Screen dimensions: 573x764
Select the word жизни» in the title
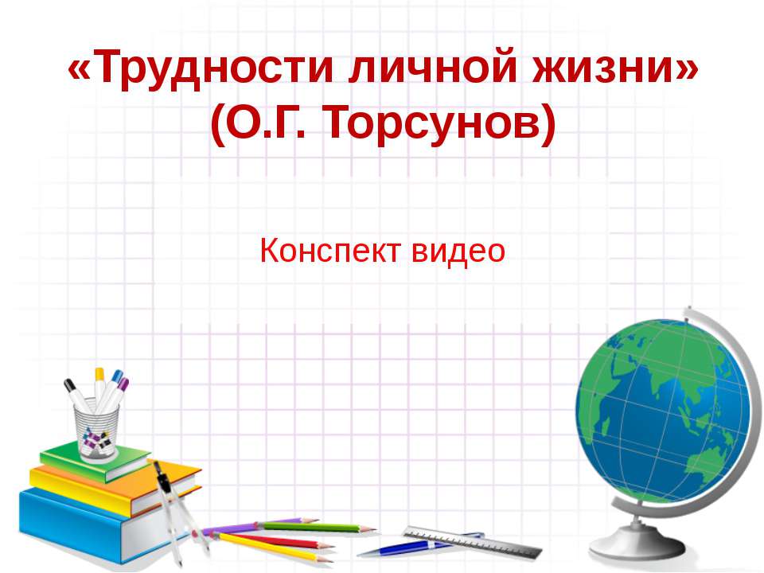click(x=613, y=72)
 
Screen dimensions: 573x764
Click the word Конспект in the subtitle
click(x=330, y=251)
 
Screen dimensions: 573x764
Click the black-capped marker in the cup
click(x=78, y=393)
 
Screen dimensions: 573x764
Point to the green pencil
click(x=318, y=527)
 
